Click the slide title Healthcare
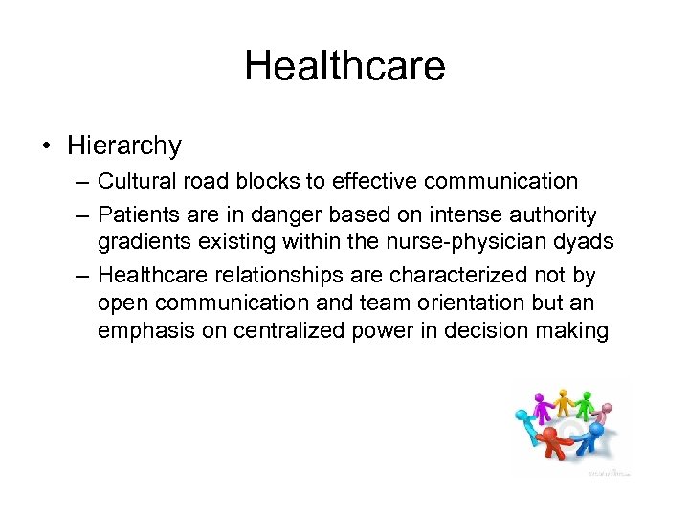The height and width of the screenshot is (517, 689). coord(344,66)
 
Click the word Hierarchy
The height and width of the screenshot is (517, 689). coord(124,146)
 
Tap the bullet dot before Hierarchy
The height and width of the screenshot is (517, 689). coord(45,146)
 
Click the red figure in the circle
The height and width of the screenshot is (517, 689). coord(551,442)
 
